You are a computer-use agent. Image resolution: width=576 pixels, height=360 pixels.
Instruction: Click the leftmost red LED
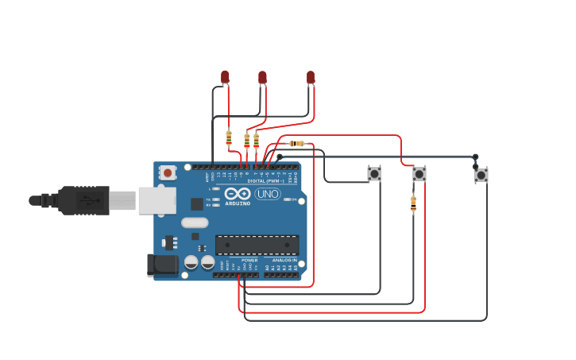click(225, 77)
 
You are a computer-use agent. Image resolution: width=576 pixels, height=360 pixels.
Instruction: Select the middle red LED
click(262, 78)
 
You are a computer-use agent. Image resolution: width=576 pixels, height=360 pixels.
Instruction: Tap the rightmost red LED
click(311, 78)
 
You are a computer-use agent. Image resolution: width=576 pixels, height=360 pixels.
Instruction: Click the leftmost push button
click(373, 173)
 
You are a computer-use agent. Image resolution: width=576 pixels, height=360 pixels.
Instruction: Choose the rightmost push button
click(481, 175)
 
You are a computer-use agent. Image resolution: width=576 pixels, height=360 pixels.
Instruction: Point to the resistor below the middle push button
click(413, 204)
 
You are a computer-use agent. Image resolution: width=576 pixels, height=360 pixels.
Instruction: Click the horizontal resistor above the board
click(297, 143)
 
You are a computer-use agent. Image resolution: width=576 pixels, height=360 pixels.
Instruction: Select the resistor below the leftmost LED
click(229, 138)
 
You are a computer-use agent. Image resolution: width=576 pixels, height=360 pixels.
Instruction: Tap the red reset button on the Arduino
click(168, 172)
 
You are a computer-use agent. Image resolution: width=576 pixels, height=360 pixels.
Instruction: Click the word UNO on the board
click(268, 194)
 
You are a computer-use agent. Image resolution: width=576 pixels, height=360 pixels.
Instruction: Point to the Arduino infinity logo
click(238, 194)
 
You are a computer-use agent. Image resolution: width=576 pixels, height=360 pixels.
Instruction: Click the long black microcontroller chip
click(257, 245)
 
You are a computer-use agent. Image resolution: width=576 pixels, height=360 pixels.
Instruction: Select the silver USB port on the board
click(157, 200)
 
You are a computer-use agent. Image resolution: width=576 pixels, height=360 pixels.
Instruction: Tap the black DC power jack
click(162, 265)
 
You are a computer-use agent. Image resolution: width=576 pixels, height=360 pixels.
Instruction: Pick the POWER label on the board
click(249, 260)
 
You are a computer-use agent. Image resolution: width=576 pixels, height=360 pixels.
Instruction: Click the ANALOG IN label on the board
click(284, 260)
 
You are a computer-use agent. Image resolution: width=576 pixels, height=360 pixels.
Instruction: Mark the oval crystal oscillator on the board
click(195, 223)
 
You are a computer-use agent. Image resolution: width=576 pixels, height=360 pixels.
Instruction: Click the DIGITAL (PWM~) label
click(265, 181)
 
